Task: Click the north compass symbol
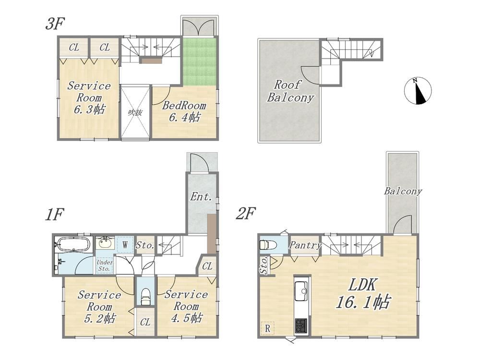(418, 91)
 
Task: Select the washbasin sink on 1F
(106, 243)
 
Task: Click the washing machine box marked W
(125, 245)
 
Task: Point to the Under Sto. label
(104, 265)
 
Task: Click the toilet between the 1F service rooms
(145, 296)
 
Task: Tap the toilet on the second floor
(268, 245)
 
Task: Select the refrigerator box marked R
(267, 328)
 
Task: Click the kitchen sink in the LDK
(300, 291)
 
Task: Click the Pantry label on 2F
(305, 245)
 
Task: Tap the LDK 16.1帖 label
(363, 294)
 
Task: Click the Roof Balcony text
(290, 91)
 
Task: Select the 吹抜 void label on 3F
(135, 113)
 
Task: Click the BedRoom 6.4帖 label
(184, 111)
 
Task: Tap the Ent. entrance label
(201, 196)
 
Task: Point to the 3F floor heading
(55, 24)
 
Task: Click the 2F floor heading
(246, 214)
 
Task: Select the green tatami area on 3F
(200, 61)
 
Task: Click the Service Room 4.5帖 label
(186, 306)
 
